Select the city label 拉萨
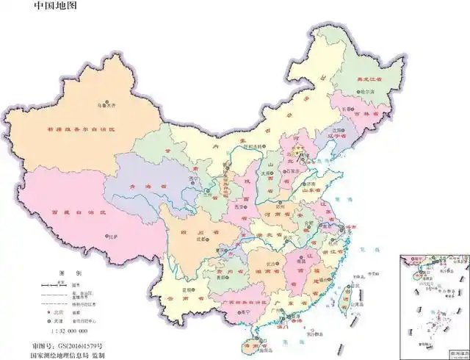pos(112,237)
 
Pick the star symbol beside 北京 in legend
pos(45,312)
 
